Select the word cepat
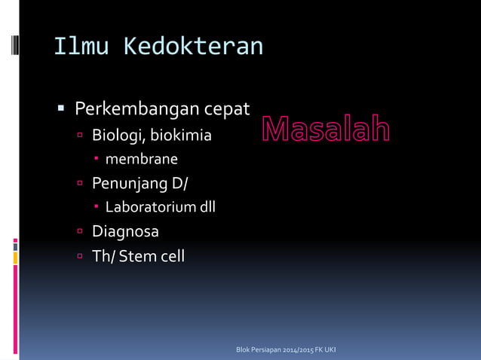[x=227, y=110]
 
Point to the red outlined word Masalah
[x=326, y=130]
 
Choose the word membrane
[x=142, y=159]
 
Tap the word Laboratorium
[x=150, y=206]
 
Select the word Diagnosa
[x=125, y=231]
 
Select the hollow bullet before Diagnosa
[x=80, y=231]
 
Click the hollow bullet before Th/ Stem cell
[x=80, y=256]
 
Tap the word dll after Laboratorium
[x=207, y=206]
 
